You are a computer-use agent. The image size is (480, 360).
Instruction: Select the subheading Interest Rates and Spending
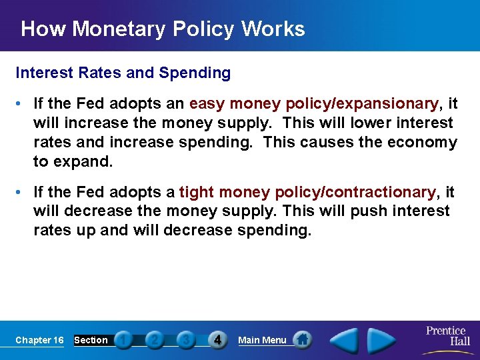123,73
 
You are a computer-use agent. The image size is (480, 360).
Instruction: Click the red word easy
203,104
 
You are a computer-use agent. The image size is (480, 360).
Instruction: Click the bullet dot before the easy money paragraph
21,105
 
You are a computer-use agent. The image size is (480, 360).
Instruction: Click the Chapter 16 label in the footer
39,340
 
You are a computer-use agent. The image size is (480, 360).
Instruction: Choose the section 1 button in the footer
123,340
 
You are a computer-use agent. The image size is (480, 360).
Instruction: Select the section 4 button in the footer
217,340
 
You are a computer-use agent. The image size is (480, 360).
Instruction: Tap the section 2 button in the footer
154,340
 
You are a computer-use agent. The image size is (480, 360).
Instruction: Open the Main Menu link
262,340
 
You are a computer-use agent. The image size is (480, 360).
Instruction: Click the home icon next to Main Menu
303,339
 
